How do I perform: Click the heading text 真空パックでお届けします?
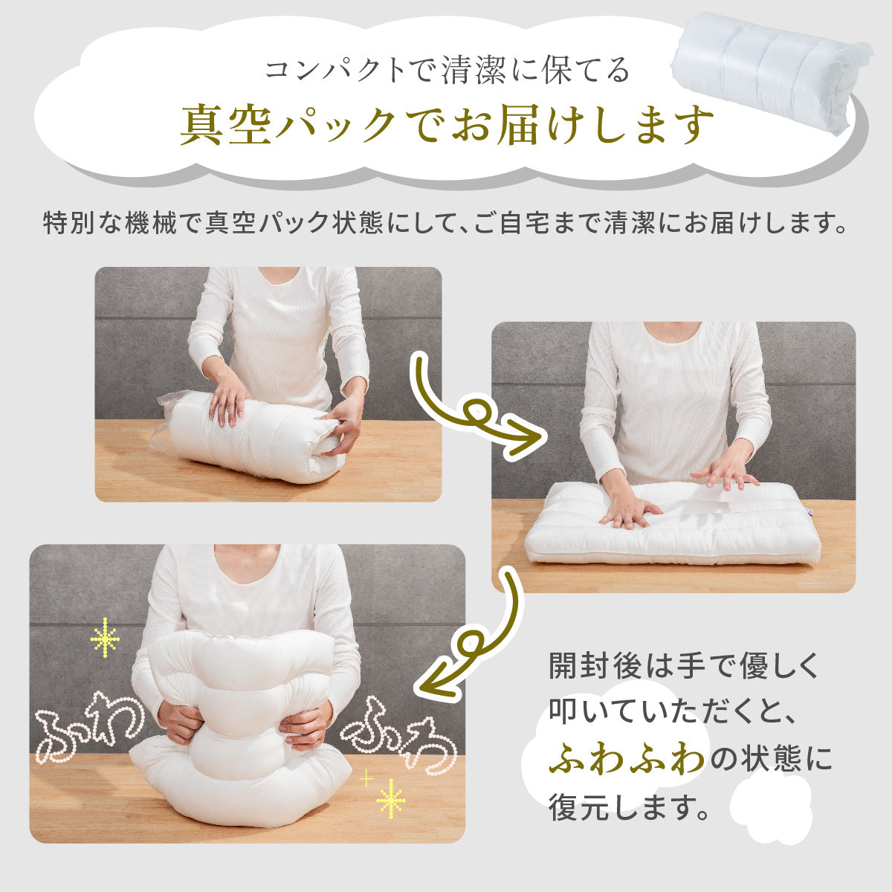[447, 126]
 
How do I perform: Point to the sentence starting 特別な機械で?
[445, 223]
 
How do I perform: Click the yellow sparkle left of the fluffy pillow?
[104, 637]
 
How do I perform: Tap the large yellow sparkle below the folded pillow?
[390, 799]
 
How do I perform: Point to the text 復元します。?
[628, 807]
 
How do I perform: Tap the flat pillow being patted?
[673, 524]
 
